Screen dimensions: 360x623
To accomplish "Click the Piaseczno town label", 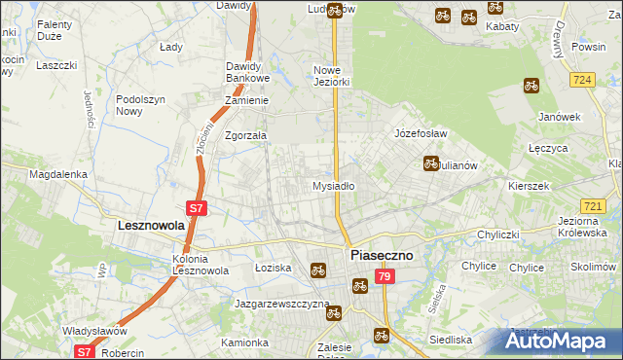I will (382, 255).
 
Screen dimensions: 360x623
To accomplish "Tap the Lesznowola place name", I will (151, 225).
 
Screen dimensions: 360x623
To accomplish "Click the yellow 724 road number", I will (584, 79).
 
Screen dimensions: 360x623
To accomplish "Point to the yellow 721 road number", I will (592, 205).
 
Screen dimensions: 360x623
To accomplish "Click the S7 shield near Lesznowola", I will (196, 207).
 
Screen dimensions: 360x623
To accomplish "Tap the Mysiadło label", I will (333, 185).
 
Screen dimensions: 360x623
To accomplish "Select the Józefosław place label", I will (420, 133).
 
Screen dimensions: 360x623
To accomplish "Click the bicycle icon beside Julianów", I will (430, 163).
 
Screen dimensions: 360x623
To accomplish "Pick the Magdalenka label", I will (58, 174).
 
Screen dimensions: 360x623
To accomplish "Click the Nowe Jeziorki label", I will (331, 77).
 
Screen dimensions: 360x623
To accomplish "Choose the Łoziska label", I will (273, 267).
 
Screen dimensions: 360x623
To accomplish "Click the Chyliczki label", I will (502, 234).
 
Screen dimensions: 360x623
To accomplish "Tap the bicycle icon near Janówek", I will (531, 86).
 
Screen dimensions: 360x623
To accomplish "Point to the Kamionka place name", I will (244, 342).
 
